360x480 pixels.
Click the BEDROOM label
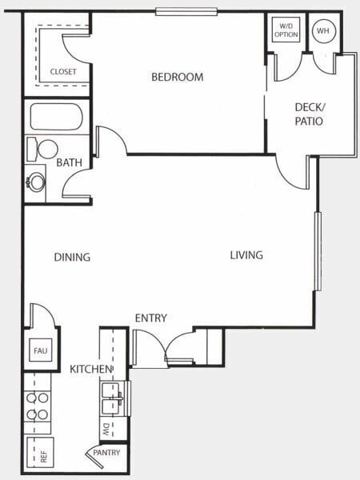[x=178, y=78]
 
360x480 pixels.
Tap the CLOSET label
[x=63, y=72]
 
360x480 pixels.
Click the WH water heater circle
[x=323, y=31]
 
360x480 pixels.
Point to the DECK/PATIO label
[x=309, y=114]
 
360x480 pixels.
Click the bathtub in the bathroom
[x=56, y=117]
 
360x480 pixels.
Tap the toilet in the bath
[x=47, y=149]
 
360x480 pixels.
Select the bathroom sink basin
[x=35, y=182]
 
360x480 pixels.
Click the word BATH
[x=70, y=162]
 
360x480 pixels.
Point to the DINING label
[x=72, y=258]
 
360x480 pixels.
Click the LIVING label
[x=246, y=255]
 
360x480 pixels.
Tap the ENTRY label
[x=150, y=318]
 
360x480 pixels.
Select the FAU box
[x=40, y=350]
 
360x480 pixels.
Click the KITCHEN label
[x=90, y=369]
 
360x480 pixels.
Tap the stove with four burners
[x=38, y=406]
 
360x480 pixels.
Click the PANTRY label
[x=106, y=453]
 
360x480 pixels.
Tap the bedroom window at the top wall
[x=186, y=11]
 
